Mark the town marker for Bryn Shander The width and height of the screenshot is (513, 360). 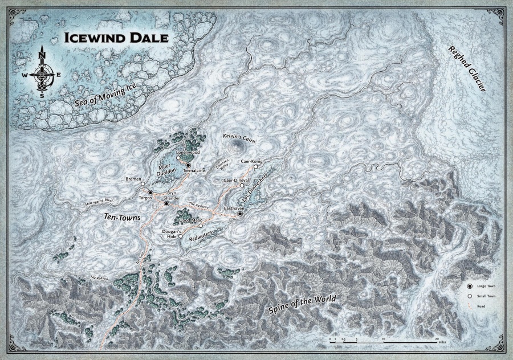[166, 203]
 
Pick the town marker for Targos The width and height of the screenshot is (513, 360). [150, 193]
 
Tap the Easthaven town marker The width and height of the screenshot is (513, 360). [240, 214]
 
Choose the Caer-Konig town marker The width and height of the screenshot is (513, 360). [255, 167]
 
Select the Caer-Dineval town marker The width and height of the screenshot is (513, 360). [242, 185]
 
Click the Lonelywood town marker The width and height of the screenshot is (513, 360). [178, 158]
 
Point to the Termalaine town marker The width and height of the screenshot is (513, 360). [188, 165]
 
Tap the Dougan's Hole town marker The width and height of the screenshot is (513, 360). [180, 237]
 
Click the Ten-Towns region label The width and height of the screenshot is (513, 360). [123, 217]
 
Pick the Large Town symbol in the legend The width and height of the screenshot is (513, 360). [470, 285]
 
